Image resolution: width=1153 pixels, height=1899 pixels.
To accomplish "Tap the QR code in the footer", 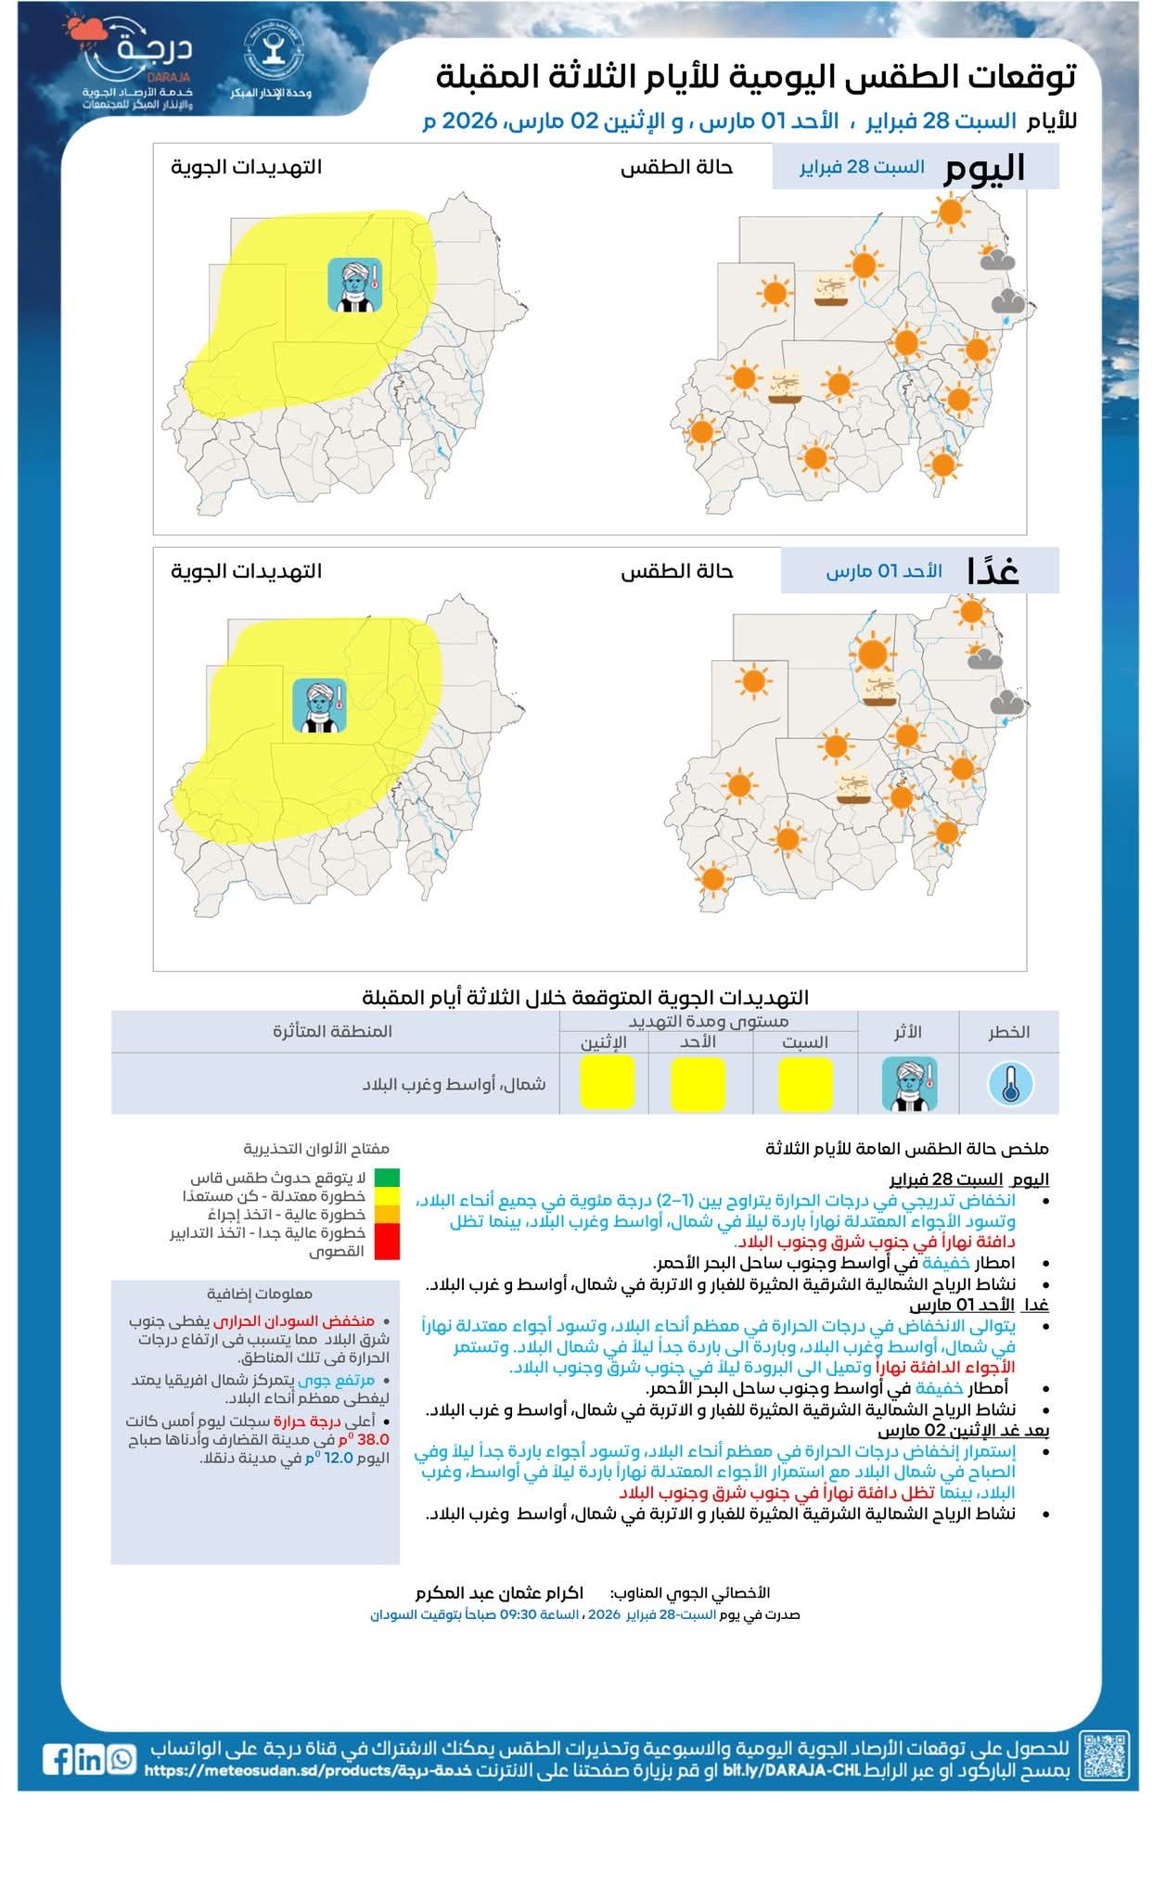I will pos(1105,1755).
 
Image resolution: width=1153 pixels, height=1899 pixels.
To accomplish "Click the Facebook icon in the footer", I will pos(58,1758).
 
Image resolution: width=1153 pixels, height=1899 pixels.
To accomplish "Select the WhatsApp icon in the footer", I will pos(122,1758).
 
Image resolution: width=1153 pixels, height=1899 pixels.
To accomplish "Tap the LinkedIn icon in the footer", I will pos(90,1758).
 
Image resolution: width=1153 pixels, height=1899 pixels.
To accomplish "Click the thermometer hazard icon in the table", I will pos(1010,1084).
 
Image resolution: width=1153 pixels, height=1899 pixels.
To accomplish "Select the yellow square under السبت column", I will pos(805,1084).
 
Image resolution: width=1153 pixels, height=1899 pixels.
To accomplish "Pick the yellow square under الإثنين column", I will pos(607,1082).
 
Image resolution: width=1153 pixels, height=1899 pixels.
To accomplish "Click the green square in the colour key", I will pos(387,1178).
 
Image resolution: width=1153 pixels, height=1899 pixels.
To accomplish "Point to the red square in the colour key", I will pos(387,1242).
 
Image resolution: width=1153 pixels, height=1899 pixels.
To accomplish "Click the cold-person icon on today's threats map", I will pos(354,284).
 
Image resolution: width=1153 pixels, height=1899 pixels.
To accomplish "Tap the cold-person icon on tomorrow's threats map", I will pos(320,705).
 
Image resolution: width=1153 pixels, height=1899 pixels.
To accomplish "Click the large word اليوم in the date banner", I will pos(984,169).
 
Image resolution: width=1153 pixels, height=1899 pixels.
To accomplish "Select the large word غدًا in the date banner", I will pos(993,570).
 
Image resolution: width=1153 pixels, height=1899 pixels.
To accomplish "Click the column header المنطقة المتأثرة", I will pos(332,1031).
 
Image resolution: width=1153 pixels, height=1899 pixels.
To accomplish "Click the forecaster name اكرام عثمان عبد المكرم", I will pos(499,1593).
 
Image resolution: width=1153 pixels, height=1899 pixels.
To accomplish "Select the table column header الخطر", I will pos(1008,1032).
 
